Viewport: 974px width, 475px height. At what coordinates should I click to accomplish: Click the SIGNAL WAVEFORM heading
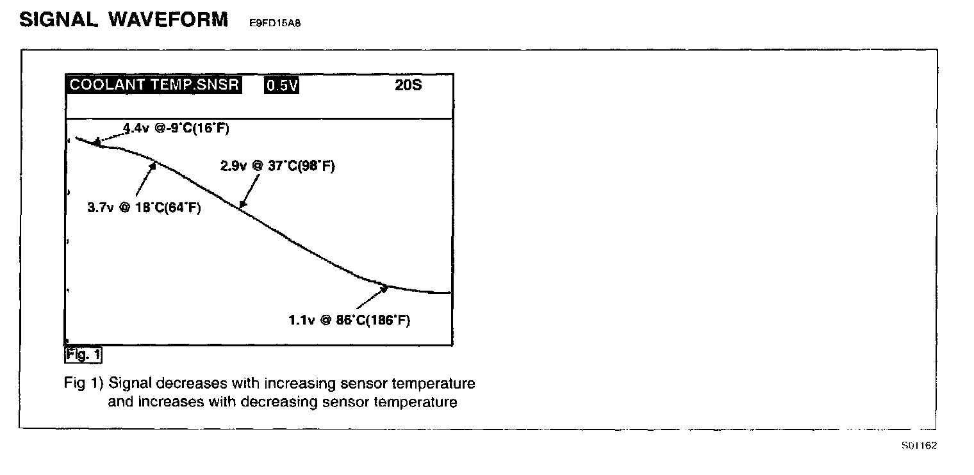click(124, 19)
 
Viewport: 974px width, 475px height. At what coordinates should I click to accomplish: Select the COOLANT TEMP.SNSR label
click(154, 85)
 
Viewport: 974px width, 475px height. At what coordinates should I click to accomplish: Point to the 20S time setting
click(408, 85)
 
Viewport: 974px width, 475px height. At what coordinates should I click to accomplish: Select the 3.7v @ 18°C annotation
click(144, 208)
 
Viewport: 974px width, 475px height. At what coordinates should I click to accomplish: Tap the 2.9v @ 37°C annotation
click(277, 166)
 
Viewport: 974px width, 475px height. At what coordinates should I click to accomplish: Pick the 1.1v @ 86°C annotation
click(349, 321)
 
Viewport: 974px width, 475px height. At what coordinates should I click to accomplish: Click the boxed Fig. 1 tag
click(83, 354)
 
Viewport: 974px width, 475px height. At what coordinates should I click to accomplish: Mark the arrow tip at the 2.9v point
click(241, 206)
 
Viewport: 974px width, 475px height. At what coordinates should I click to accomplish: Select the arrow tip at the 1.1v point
click(388, 287)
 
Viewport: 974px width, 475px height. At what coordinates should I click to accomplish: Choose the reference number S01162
click(919, 446)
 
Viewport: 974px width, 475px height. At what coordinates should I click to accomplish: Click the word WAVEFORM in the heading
click(168, 19)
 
